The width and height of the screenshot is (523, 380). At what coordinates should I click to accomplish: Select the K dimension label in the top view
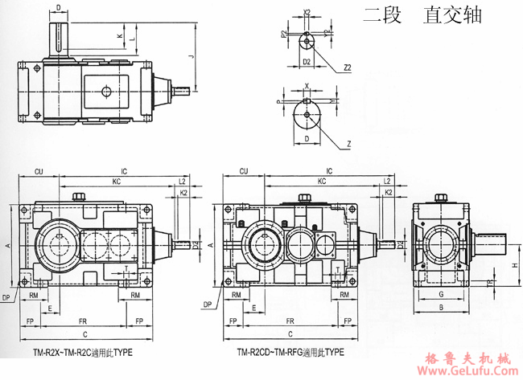(119, 36)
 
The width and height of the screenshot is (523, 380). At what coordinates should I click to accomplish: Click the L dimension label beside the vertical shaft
(131, 39)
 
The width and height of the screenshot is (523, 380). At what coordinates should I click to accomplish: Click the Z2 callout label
(347, 70)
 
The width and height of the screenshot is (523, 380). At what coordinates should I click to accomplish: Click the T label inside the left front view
(125, 268)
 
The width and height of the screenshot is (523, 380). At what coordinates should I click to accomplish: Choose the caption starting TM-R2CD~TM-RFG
(290, 352)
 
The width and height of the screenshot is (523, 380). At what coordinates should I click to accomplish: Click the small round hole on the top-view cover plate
(105, 92)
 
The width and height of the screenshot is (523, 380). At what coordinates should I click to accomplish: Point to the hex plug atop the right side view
(440, 196)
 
